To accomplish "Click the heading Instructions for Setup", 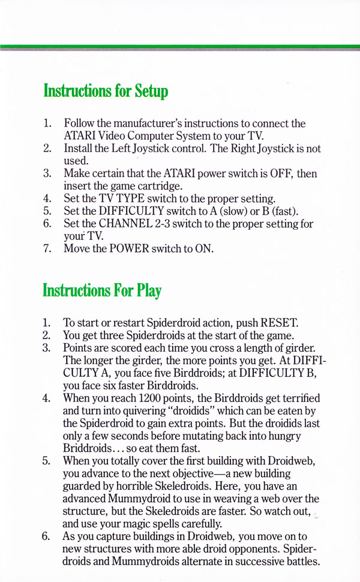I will [x=105, y=92].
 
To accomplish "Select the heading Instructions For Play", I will [x=102, y=292].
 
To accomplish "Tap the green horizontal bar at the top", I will [x=180, y=46].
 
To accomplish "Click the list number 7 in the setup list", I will [x=47, y=248].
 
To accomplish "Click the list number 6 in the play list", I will [x=47, y=536].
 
